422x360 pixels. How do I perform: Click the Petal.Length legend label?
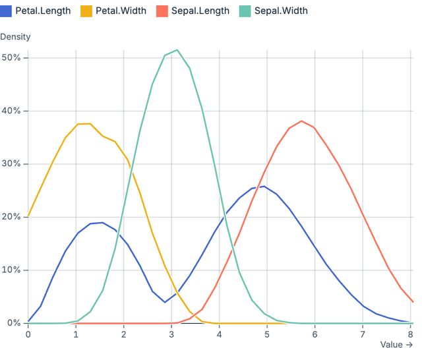43,11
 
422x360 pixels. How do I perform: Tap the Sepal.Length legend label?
202,11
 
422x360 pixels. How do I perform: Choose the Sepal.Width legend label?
281,11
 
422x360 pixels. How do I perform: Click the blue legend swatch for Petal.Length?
6,11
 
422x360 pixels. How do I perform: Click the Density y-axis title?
15,37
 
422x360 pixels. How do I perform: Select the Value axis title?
396,344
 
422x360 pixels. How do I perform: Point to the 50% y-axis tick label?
11,58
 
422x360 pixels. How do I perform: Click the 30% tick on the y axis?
11,164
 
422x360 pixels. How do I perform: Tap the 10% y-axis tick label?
11,270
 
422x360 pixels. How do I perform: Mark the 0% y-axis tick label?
13,323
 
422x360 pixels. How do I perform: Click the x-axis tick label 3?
171,334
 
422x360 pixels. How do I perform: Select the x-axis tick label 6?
315,334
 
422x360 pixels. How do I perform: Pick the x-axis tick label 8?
411,334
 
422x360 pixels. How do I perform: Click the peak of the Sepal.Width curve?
177,50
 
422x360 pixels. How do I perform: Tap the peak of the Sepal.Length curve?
301,121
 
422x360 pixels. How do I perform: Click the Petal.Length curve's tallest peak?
264,186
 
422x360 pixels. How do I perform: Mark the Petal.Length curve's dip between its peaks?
165,302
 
